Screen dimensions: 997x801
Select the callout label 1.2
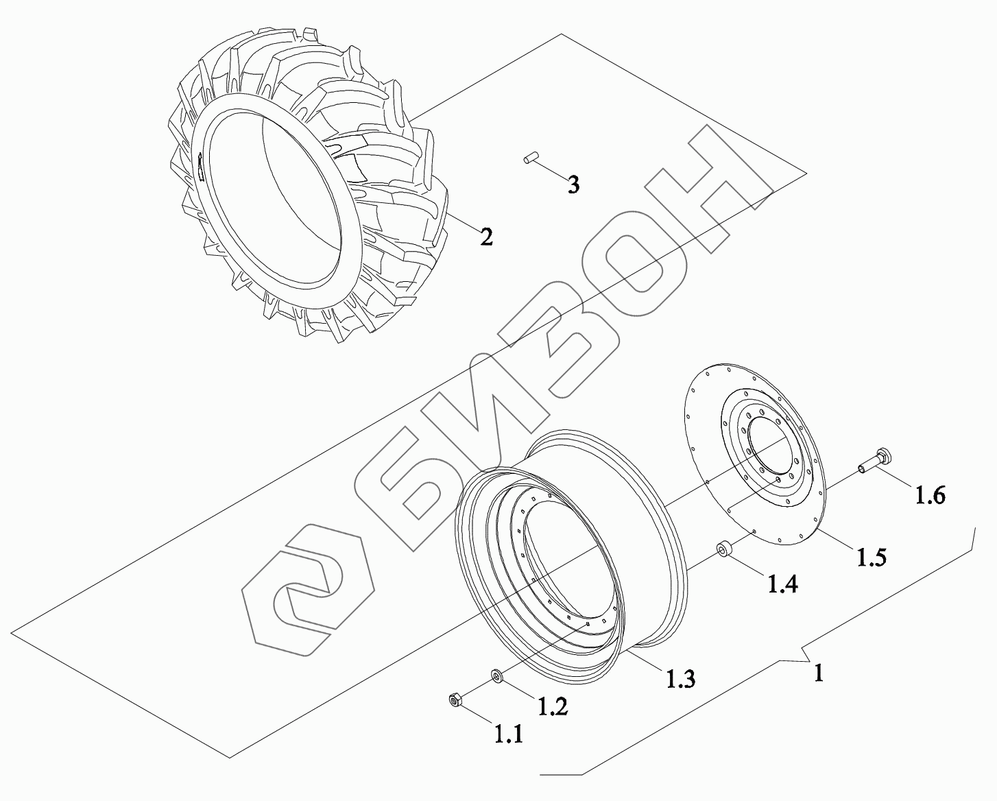(x=553, y=706)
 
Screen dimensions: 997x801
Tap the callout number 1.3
(x=681, y=679)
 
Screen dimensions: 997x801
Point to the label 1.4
(x=783, y=584)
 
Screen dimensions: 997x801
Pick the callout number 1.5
(x=871, y=557)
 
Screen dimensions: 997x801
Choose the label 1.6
(x=930, y=494)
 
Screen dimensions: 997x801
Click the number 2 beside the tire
(x=486, y=237)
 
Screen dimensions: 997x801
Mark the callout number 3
(x=573, y=185)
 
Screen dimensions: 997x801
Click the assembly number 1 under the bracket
(x=819, y=673)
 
